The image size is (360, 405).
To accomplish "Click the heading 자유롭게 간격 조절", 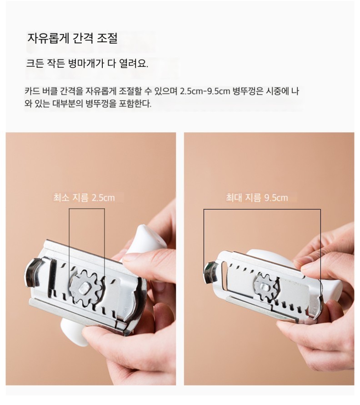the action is [72, 39].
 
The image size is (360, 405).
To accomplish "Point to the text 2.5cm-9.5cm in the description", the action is [205, 91].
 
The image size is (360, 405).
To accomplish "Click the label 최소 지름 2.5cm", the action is [84, 198].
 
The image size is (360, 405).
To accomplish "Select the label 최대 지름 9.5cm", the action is [257, 198].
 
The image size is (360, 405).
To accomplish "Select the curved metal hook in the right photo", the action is [211, 271].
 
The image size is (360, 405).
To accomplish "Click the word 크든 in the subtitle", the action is [35, 64].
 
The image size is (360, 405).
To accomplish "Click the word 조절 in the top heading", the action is [107, 39].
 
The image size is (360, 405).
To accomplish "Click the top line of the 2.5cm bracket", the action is [87, 209].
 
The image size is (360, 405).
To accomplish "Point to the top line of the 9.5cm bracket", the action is [262, 210].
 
